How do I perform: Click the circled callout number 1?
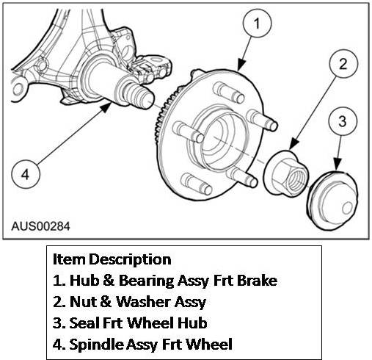click(257, 24)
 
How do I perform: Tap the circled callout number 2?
click(343, 64)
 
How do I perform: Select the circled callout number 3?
click(343, 121)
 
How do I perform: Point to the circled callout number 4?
click(26, 174)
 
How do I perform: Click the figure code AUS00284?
click(40, 226)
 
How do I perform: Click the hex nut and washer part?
click(286, 173)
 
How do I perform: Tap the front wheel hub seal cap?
click(332, 201)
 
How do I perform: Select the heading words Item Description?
click(112, 259)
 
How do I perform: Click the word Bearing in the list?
click(146, 281)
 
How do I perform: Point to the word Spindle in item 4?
click(96, 345)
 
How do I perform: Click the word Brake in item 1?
click(257, 281)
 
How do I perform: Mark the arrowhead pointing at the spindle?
click(106, 107)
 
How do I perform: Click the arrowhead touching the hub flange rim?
click(241, 65)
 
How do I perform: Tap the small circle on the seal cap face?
click(347, 209)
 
